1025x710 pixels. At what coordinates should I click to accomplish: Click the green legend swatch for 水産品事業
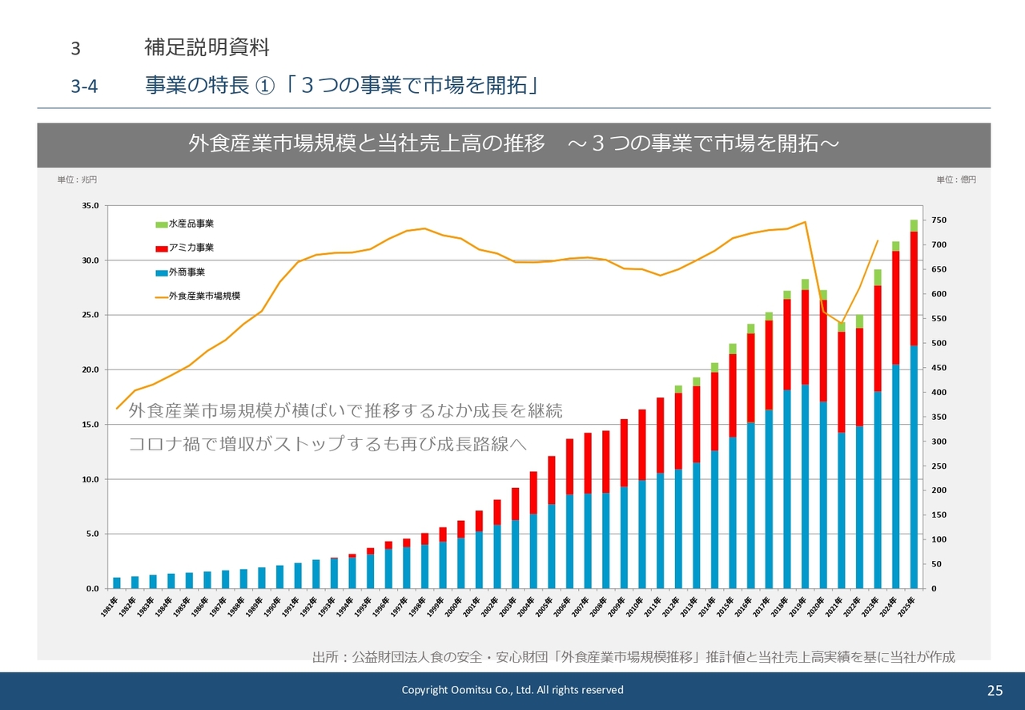point(161,224)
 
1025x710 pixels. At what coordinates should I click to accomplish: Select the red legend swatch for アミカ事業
point(161,248)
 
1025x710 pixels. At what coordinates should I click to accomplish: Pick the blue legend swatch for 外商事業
point(161,272)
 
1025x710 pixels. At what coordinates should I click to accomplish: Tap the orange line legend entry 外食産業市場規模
point(161,297)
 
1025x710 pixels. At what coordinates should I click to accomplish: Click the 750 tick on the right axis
point(939,220)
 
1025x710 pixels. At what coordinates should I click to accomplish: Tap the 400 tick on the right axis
point(939,393)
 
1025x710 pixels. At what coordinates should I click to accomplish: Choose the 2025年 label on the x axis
point(909,610)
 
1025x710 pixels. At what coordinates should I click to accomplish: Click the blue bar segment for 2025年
point(914,465)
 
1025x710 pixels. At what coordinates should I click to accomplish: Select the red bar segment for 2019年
point(806,337)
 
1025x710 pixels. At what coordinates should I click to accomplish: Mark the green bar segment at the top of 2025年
point(914,225)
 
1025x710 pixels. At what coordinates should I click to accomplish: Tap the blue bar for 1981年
point(117,583)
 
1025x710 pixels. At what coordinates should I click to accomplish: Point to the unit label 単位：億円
point(956,180)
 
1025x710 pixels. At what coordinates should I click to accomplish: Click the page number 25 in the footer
point(995,691)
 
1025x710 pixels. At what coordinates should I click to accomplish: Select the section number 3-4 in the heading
point(84,87)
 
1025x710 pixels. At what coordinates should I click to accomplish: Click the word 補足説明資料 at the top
point(207,47)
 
